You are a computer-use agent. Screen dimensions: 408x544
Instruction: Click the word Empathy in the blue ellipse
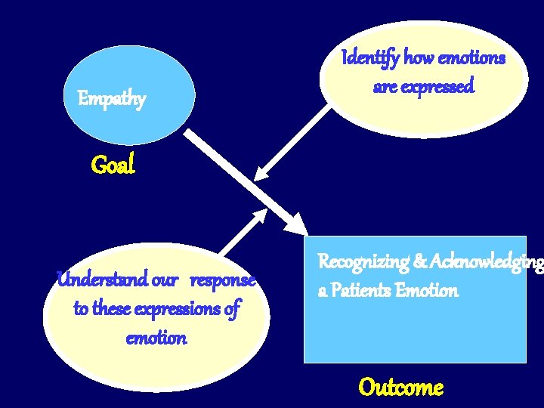pyautogui.click(x=112, y=99)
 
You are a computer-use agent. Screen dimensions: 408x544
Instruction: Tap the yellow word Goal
pyautogui.click(x=113, y=164)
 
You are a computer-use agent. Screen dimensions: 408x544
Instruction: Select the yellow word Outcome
pyautogui.click(x=400, y=387)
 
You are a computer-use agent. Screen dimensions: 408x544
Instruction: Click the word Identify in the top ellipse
pyautogui.click(x=371, y=57)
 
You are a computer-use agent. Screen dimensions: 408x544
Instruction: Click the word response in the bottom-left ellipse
pyautogui.click(x=222, y=280)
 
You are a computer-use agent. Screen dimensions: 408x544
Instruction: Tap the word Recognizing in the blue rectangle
pyautogui.click(x=363, y=262)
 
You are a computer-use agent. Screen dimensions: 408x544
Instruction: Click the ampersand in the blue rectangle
pyautogui.click(x=419, y=262)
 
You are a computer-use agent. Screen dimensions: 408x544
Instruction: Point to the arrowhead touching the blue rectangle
pyautogui.click(x=296, y=224)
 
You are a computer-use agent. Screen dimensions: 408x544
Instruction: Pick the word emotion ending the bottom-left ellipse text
pyautogui.click(x=156, y=337)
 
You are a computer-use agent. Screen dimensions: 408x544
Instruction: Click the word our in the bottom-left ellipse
pyautogui.click(x=165, y=280)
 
